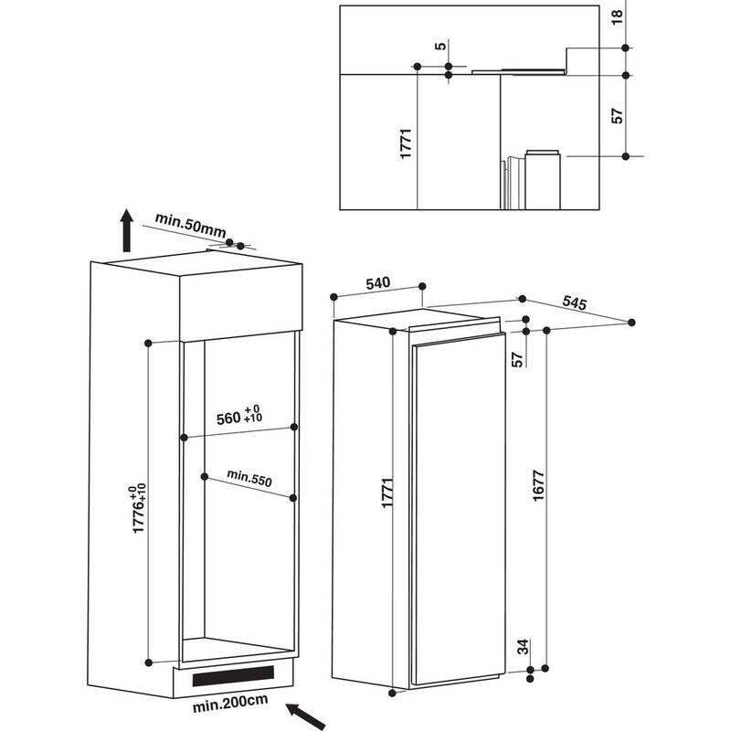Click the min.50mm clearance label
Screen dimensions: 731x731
pyautogui.click(x=190, y=225)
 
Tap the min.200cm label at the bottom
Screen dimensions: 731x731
pyautogui.click(x=230, y=703)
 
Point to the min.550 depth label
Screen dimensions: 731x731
pyautogui.click(x=249, y=478)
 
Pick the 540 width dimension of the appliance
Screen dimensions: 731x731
pyautogui.click(x=377, y=283)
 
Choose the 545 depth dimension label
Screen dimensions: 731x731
pyautogui.click(x=574, y=302)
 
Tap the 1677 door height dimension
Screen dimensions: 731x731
pyautogui.click(x=538, y=486)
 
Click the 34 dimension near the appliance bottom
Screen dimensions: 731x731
pyautogui.click(x=524, y=647)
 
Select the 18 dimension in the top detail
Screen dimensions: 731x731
pyautogui.click(x=617, y=16)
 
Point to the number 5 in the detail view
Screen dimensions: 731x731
pyautogui.click(x=440, y=46)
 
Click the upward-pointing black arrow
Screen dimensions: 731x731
pyautogui.click(x=126, y=230)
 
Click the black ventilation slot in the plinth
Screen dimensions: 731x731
pyautogui.click(x=233, y=676)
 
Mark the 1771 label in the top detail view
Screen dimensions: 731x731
pyautogui.click(x=406, y=143)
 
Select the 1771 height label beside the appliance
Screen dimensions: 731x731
pyautogui.click(x=387, y=493)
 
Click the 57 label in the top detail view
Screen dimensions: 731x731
pyautogui.click(x=617, y=116)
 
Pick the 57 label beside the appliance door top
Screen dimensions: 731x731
pyautogui.click(x=517, y=359)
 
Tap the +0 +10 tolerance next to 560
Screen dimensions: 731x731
pyautogui.click(x=253, y=413)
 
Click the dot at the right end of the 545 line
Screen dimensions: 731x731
pyautogui.click(x=631, y=323)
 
